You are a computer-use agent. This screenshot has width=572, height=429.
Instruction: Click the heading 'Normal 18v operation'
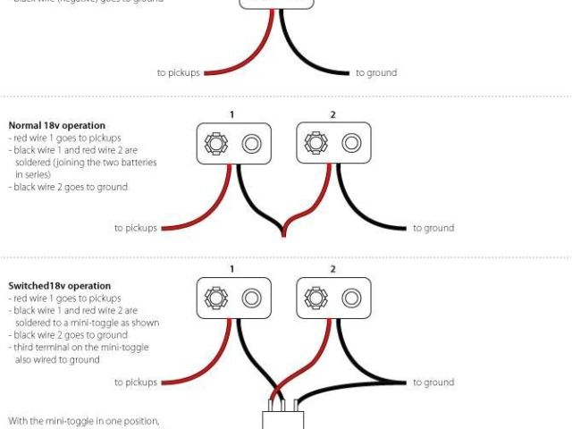[x=56, y=125]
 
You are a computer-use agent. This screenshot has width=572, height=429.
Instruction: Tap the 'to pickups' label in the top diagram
[x=178, y=72]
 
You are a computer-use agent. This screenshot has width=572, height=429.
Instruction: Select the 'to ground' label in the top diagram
[x=376, y=72]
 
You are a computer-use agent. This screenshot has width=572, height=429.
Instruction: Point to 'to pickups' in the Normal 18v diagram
[x=136, y=228]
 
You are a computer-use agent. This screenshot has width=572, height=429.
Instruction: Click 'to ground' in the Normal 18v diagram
[x=433, y=228]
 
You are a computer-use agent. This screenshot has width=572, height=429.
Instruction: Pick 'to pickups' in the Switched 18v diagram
[x=136, y=383]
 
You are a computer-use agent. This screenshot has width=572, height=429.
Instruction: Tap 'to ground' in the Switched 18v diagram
[x=433, y=383]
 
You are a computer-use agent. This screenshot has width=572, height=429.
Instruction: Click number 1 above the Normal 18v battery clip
[x=232, y=114]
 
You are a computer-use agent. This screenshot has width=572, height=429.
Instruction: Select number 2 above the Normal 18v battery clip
[x=332, y=114]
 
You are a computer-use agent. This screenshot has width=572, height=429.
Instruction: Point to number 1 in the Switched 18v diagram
[x=232, y=269]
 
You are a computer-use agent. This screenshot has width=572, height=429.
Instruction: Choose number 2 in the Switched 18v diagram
[x=332, y=269]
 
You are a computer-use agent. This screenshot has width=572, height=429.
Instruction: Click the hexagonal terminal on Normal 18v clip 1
[x=215, y=143]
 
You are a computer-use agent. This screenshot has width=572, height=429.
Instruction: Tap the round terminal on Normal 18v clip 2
[x=351, y=143]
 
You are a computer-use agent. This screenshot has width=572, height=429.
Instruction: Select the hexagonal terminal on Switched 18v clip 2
[x=315, y=298]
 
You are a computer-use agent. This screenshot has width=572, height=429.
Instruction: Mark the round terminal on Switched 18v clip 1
[x=251, y=298]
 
